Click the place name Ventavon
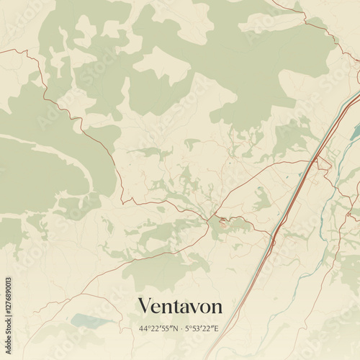(179, 305)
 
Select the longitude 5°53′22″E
(202, 329)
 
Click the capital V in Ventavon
(144, 305)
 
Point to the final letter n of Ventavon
(216, 307)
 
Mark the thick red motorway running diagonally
(295, 194)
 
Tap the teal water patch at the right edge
(354, 131)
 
